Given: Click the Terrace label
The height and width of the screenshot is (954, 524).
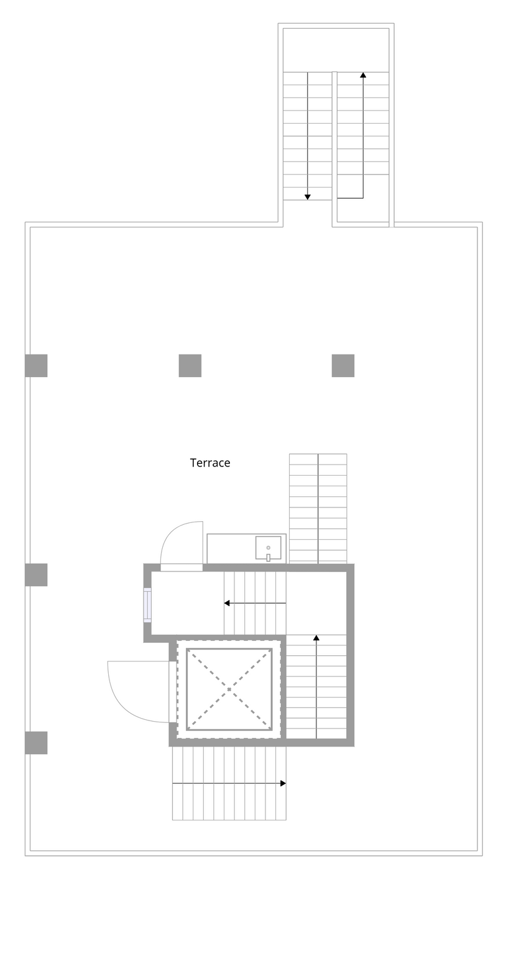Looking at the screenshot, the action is (210, 463).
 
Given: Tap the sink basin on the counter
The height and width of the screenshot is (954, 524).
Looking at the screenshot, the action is (268, 548).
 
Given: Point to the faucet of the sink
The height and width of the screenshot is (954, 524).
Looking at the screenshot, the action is (268, 558).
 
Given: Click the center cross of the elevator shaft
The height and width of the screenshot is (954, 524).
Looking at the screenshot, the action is (229, 689).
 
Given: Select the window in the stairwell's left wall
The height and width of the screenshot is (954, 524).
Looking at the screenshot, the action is (147, 605).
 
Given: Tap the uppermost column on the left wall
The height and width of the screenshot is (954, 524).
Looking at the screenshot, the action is (36, 366).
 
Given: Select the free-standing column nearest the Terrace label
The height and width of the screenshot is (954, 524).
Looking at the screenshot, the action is (190, 366).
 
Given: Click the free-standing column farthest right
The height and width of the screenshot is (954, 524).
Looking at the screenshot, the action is (343, 366).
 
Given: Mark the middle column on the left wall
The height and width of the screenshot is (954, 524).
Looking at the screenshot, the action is (36, 575).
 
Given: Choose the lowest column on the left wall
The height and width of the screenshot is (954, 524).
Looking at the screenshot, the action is (36, 743).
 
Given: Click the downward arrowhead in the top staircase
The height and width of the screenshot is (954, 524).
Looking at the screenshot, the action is (308, 197).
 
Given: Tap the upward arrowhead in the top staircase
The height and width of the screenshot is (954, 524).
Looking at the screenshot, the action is (363, 75).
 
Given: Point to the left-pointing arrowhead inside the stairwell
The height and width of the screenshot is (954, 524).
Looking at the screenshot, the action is (227, 603).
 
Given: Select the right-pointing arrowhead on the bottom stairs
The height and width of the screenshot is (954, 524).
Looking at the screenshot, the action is (283, 784).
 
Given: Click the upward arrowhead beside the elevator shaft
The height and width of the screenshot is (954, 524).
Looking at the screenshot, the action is (316, 638).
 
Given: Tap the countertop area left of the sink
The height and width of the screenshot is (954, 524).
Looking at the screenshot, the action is (231, 549).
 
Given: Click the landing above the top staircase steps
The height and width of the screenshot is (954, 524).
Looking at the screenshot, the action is (336, 50).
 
